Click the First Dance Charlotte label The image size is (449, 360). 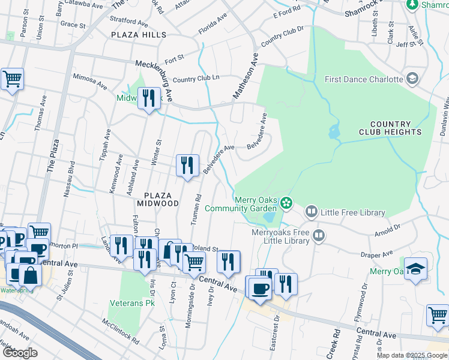coord(363,79)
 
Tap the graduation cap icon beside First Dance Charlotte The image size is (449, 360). coord(412,79)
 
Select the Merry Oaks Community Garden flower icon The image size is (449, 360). coord(288,203)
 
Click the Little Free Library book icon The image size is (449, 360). coord(312,212)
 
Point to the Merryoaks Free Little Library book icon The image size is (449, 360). coord(319,236)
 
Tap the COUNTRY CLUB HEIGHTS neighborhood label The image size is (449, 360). coord(390,127)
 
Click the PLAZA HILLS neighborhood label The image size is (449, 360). coord(139,35)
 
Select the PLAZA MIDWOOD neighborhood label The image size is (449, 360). coord(161,199)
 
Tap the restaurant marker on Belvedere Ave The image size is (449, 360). coord(187,165)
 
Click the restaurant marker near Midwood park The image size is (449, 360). coord(149,98)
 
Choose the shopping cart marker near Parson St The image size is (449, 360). coord(12,79)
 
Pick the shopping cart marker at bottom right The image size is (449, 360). coord(438,314)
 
